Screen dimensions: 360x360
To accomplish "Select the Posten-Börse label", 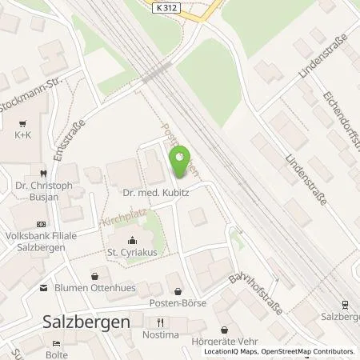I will (x=178, y=303).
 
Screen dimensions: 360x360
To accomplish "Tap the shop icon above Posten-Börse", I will (x=178, y=291).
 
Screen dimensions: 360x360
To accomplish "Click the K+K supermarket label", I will (x=22, y=136).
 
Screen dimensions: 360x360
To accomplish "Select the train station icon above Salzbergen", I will (x=344, y=304).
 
